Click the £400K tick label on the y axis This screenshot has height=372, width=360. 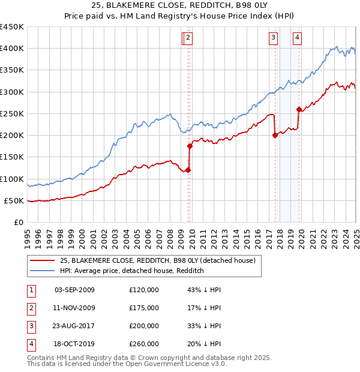[x=12, y=49]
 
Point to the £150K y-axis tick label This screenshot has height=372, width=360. [x=12, y=157]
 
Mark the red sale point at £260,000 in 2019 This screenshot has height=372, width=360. [x=299, y=109]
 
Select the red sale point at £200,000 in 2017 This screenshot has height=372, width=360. [x=275, y=135]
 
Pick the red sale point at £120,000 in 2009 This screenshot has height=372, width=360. [x=188, y=170]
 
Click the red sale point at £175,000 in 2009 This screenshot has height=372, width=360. [x=190, y=146]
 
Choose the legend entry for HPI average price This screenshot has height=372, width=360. [x=132, y=271]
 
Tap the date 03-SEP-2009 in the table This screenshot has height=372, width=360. [x=74, y=290]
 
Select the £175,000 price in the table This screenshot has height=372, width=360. [x=144, y=308]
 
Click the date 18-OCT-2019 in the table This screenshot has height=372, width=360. [x=74, y=344]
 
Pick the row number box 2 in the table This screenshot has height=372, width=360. [x=31, y=308]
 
